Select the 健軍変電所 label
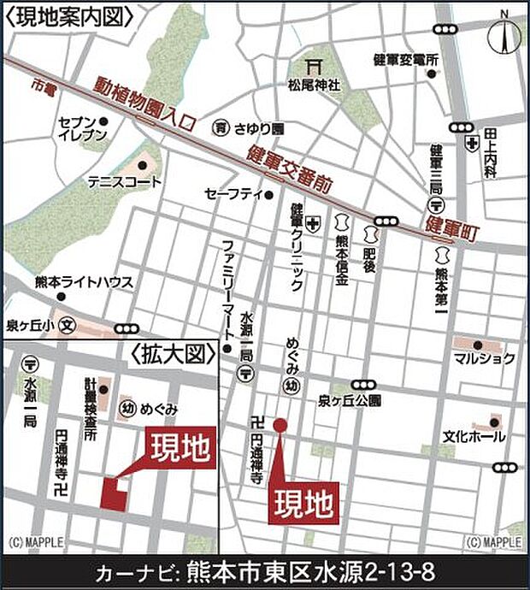[x=406, y=60]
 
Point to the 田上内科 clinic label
[x=490, y=152]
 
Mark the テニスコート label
[x=123, y=182]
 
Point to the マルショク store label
[x=484, y=358]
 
